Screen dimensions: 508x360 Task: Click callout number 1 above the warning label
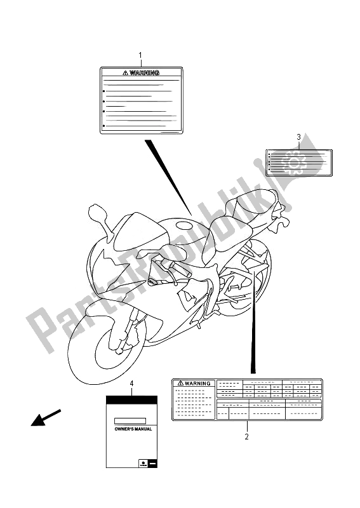pos(141,55)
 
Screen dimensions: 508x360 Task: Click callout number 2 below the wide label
pos(247,436)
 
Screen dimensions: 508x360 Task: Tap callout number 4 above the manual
pos(131,384)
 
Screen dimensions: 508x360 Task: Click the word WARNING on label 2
pos(198,384)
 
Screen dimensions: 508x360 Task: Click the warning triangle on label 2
pos(181,384)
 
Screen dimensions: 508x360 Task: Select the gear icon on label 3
pos(293,162)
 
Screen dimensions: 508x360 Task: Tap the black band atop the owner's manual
pos(131,400)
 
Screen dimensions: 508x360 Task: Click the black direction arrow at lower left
pos(43,420)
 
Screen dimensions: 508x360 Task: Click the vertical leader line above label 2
pos(255,317)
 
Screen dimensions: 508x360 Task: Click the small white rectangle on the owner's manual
pos(131,420)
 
